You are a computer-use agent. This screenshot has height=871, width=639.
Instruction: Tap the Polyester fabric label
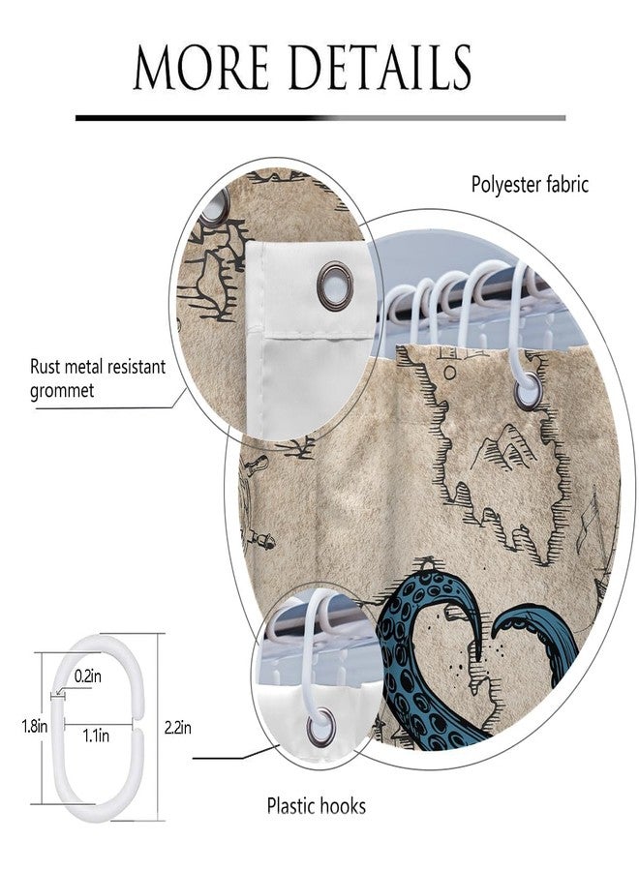pos(530,185)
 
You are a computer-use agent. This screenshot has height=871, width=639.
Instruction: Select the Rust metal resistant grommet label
pos(98,378)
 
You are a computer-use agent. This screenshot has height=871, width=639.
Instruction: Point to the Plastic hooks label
pos(317,805)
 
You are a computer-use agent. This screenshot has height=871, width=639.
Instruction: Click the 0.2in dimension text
pos(88,676)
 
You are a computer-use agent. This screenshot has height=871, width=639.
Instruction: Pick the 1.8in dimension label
pos(35,726)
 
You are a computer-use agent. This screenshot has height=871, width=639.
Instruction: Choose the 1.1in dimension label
pos(96,736)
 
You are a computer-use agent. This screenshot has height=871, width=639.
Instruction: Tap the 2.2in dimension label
pos(178,727)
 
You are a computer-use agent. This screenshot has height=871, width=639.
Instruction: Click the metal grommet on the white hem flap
pos(334,285)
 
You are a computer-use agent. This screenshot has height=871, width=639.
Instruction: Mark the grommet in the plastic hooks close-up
pos(321,725)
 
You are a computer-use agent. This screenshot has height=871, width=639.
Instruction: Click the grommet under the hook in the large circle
pos(528,391)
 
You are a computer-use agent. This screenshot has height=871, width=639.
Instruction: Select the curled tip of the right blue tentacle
pos(502,628)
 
